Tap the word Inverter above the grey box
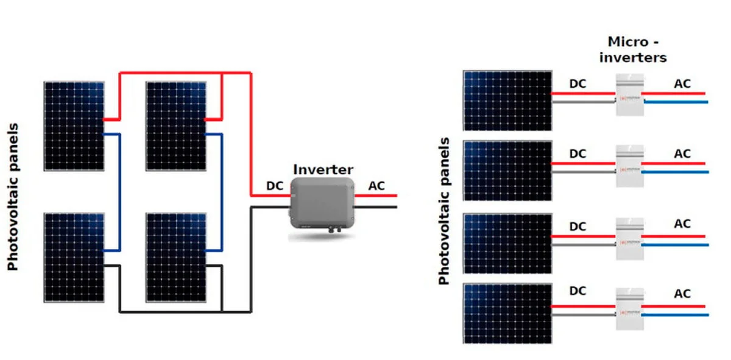(x=323, y=169)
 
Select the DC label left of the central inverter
(x=275, y=185)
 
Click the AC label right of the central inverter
(x=377, y=185)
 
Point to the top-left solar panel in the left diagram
(x=74, y=125)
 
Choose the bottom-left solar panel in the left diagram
(x=74, y=256)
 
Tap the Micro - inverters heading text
(x=633, y=50)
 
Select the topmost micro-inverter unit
(x=629, y=95)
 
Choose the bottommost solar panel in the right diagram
(x=507, y=312)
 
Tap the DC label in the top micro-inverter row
(x=577, y=83)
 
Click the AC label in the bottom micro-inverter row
(x=682, y=294)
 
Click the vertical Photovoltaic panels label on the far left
(x=13, y=197)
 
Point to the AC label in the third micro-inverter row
(x=682, y=224)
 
